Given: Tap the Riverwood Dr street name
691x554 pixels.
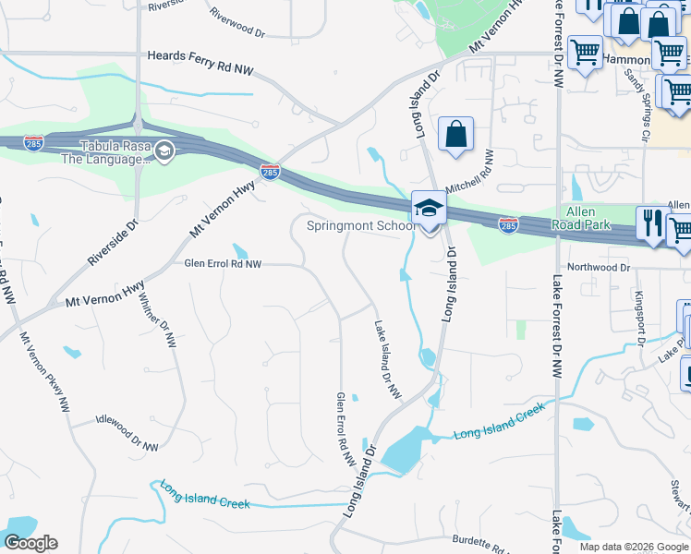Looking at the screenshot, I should [x=237, y=23].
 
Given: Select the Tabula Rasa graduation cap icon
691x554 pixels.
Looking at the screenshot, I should [x=164, y=151].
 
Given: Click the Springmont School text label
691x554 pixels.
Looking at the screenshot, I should [x=360, y=225].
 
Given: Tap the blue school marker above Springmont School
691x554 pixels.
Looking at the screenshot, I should [x=429, y=209].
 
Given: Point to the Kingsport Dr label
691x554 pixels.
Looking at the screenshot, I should [x=639, y=318].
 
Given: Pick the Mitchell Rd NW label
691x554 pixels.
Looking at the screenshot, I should [x=470, y=172].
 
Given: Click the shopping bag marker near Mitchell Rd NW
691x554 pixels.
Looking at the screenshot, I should [x=455, y=134].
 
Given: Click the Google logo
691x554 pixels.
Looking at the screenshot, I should [x=30, y=543].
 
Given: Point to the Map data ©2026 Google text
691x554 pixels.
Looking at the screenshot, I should [x=633, y=547].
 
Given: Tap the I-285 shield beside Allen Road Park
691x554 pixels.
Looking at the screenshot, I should [x=508, y=224].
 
